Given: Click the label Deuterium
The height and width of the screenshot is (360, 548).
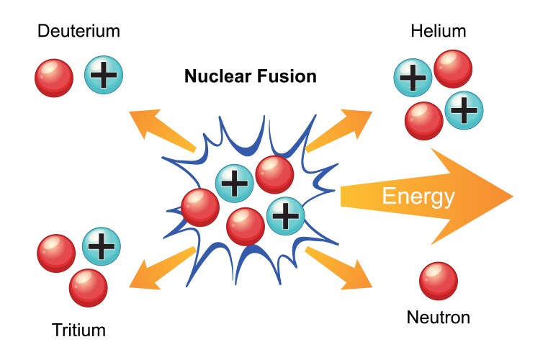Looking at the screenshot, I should (x=78, y=31).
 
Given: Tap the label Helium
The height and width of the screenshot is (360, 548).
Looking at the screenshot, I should (x=438, y=31).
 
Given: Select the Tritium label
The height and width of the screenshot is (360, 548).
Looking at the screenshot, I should (x=78, y=330).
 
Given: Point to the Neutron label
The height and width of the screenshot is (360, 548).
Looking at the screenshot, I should (x=438, y=317).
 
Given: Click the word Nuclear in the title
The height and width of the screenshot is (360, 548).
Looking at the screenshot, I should (x=213, y=76).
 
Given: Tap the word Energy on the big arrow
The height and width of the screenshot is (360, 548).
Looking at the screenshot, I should (x=418, y=196).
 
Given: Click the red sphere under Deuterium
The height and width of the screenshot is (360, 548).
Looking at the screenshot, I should (x=54, y=77).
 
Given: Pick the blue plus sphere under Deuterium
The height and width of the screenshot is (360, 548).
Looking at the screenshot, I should (x=104, y=75).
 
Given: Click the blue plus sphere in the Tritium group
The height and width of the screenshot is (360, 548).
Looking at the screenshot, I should (x=102, y=246).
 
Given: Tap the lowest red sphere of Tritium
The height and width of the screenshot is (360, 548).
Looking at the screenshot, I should (x=88, y=287).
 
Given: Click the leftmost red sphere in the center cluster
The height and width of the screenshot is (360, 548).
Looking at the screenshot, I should (x=199, y=207).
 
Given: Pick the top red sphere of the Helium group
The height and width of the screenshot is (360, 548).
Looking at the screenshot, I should (x=453, y=68).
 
